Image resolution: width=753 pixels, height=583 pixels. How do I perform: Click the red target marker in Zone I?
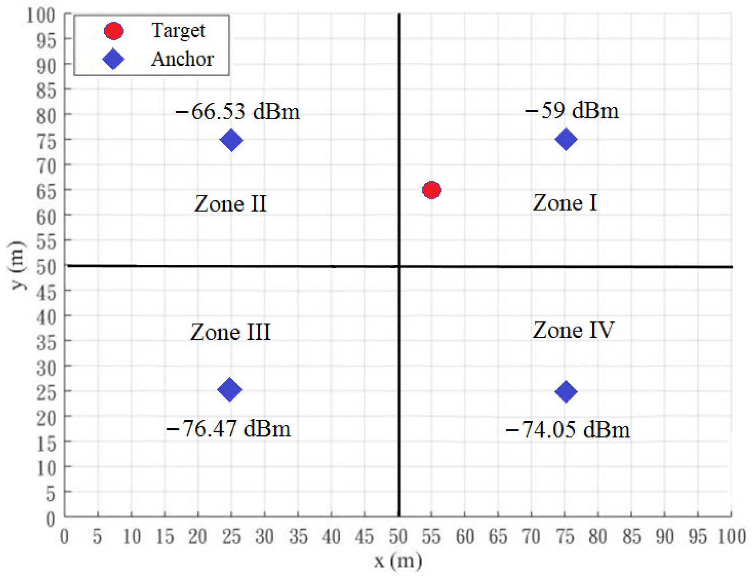431,190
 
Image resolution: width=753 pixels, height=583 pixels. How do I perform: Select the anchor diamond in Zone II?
231,140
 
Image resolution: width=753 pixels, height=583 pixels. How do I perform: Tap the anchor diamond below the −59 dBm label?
566,139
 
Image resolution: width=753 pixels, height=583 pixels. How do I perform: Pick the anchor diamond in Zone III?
229,390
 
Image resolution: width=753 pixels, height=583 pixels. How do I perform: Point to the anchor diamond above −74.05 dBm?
566,392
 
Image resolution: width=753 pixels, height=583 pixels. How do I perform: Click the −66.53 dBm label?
238,111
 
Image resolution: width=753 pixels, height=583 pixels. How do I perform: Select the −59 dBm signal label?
572,110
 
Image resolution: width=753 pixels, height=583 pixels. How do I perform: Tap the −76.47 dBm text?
228,428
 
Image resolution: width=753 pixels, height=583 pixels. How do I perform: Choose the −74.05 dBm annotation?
568,429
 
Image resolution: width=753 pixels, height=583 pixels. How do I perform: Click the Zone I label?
565,203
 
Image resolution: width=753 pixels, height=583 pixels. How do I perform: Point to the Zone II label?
231,204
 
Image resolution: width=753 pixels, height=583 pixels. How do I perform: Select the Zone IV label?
573,330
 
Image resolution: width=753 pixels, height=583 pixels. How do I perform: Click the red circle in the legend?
113,31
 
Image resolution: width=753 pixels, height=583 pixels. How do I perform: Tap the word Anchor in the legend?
182,59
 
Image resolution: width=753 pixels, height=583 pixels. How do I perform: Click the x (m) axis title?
398,561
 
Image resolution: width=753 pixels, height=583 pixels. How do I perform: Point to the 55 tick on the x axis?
431,537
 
